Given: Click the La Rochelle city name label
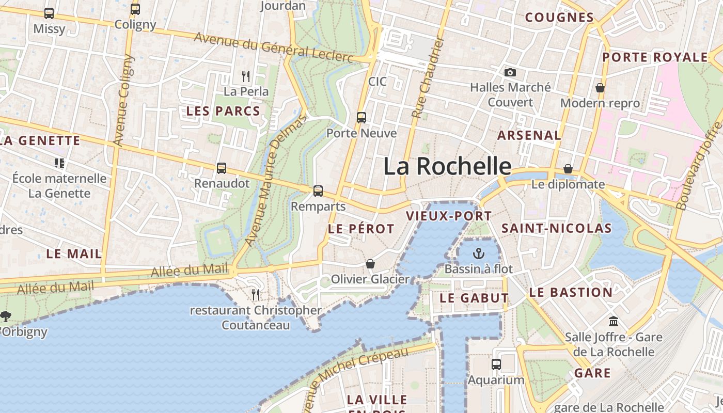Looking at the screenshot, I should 447,166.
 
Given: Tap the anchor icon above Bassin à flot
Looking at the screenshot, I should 479,253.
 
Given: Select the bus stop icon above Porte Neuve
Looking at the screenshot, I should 361,118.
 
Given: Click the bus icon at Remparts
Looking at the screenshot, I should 318,191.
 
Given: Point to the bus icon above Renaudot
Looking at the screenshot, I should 222,168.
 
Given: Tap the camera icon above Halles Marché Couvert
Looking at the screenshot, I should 510,72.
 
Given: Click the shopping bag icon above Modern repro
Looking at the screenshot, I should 600,88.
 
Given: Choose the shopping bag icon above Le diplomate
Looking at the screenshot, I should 568,169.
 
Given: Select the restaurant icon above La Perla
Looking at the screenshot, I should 246,76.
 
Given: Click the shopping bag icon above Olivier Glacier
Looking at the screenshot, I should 370,264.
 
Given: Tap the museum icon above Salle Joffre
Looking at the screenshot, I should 614,321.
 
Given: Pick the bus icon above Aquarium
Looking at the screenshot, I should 496,364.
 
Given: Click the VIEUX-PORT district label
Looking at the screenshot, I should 449,216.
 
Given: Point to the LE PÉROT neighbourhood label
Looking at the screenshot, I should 361,229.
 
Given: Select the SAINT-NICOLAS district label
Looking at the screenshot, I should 556,228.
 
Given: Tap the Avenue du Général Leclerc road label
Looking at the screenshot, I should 274,47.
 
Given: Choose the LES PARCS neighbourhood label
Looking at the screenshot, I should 223,111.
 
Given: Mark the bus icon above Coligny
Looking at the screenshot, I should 135,9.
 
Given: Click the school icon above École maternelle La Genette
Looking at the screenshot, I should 59,163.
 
